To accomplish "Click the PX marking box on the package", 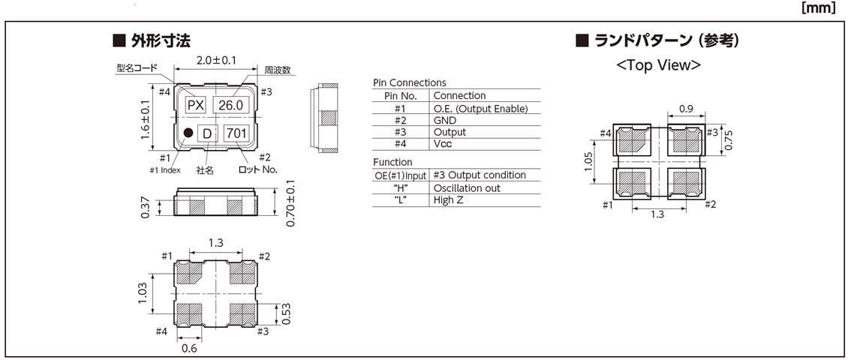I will [x=195, y=106].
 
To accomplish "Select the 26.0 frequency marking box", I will [x=230, y=106].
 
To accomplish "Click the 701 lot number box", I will [x=236, y=133].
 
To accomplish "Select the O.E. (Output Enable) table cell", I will [x=480, y=109].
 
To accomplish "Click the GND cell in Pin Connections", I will [x=445, y=121].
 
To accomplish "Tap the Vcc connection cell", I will [x=444, y=145].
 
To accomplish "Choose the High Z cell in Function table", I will [x=449, y=201].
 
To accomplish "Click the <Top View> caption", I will [x=658, y=65].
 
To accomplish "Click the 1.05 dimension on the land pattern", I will [x=590, y=161].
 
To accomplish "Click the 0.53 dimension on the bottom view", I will [x=287, y=314].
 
